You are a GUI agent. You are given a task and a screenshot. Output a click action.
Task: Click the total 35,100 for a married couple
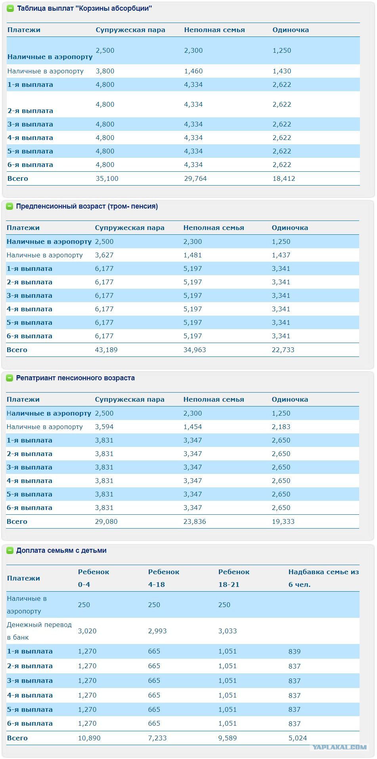pyautogui.click(x=107, y=178)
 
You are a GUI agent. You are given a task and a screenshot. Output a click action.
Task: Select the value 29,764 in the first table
pyautogui.click(x=195, y=178)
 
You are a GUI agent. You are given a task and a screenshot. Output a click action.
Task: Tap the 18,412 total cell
pyautogui.click(x=284, y=178)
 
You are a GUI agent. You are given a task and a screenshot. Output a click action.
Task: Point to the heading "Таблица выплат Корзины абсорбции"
pyautogui.click(x=84, y=8)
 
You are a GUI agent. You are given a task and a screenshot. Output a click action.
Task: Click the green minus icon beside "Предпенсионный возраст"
pyautogui.click(x=10, y=206)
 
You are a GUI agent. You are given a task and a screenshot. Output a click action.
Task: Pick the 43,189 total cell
pyautogui.click(x=106, y=350)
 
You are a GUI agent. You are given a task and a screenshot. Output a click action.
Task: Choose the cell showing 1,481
pyautogui.click(x=193, y=255)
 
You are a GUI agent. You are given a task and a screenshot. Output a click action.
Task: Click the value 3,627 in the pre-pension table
pyautogui.click(x=104, y=255)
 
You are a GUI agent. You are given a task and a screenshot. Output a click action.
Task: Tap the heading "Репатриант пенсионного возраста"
pyautogui.click(x=75, y=378)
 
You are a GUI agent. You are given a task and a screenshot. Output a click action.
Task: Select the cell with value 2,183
pyautogui.click(x=281, y=427)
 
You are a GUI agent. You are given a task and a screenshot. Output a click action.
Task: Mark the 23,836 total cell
pyautogui.click(x=195, y=521)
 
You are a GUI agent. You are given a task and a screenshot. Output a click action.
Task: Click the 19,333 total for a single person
pyautogui.click(x=283, y=521)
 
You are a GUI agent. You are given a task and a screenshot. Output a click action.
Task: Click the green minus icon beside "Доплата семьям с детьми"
pyautogui.click(x=10, y=550)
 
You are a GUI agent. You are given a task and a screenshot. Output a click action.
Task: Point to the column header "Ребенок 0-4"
pyautogui.click(x=94, y=578)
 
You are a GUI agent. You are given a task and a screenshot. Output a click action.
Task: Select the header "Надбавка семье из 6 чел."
pyautogui.click(x=323, y=578)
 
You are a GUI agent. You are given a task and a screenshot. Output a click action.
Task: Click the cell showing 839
pyautogui.click(x=295, y=651)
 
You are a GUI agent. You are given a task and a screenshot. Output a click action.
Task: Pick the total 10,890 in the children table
pyautogui.click(x=89, y=738)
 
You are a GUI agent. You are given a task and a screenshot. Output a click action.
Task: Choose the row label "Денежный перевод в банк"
pyautogui.click(x=39, y=631)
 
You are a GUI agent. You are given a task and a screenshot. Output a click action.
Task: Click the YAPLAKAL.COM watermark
pyautogui.click(x=339, y=747)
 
